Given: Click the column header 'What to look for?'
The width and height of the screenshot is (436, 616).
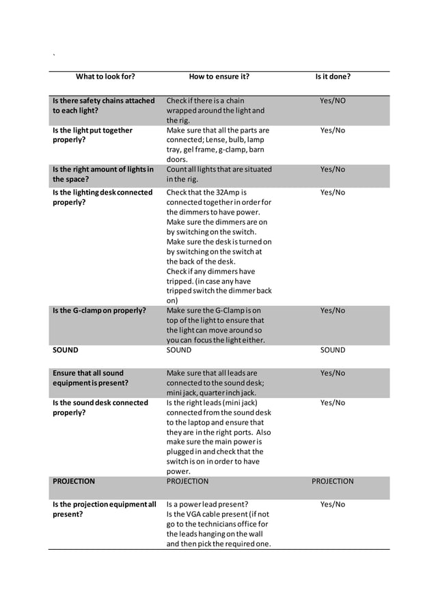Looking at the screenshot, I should pyautogui.click(x=105, y=76).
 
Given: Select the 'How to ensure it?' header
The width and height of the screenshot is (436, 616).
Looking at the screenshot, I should pyautogui.click(x=219, y=76).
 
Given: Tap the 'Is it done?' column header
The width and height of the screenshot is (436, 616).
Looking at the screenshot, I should pyautogui.click(x=333, y=76).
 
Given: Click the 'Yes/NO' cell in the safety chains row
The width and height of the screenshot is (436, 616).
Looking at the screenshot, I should pyautogui.click(x=333, y=101).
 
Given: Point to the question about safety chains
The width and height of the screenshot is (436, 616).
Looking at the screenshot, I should pyautogui.click(x=104, y=105).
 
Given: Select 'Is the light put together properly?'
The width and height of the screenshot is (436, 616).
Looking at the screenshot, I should pyautogui.click(x=93, y=135).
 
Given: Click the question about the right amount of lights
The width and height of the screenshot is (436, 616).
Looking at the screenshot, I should pyautogui.click(x=103, y=174).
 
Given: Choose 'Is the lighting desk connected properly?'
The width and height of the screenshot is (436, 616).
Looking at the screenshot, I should pyautogui.click(x=103, y=197).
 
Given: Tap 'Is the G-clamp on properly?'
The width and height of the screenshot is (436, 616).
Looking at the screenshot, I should pyautogui.click(x=100, y=311).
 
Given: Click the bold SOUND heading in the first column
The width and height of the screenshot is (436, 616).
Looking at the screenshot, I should pyautogui.click(x=66, y=350).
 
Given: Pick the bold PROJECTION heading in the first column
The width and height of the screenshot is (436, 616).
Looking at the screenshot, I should pyautogui.click(x=74, y=481).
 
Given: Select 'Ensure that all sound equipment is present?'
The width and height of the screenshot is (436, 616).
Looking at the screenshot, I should pyautogui.click(x=90, y=378).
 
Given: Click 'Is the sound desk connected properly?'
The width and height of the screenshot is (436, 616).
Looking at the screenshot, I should pyautogui.click(x=100, y=408).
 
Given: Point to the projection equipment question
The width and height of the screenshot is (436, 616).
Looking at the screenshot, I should pyautogui.click(x=105, y=509).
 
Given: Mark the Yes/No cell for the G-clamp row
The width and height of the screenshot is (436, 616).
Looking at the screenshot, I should pyautogui.click(x=333, y=311).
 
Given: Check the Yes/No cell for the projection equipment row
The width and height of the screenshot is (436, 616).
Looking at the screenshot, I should pyautogui.click(x=333, y=505).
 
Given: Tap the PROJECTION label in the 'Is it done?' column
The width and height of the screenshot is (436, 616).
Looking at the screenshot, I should pyautogui.click(x=333, y=481).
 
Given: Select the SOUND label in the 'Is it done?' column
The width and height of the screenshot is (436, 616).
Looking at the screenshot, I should pyautogui.click(x=333, y=350).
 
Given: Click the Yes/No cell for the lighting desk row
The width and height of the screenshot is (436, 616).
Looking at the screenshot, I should pyautogui.click(x=333, y=193).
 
